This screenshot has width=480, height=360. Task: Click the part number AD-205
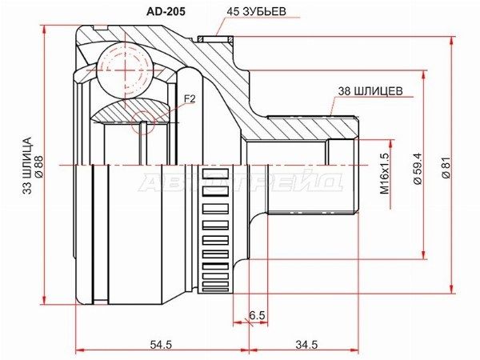click(x=166, y=11)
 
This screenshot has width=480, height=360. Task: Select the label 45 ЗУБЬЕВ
click(x=257, y=11)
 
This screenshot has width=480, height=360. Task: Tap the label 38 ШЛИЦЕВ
click(x=370, y=91)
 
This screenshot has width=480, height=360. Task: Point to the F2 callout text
click(x=190, y=98)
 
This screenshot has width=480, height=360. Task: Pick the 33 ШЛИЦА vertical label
click(x=27, y=166)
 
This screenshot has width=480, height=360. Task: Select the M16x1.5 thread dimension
click(x=385, y=174)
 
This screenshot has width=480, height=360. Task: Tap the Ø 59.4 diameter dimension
click(x=418, y=168)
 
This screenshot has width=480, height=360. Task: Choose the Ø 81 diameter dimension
click(x=446, y=167)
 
